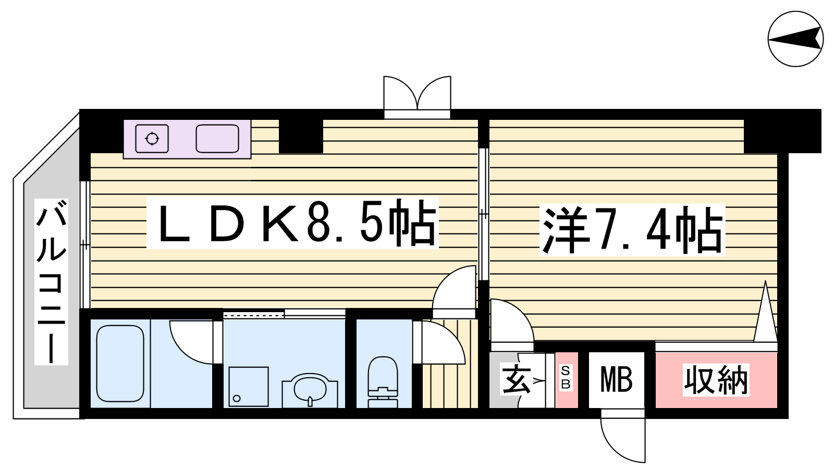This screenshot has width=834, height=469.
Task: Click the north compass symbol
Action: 795,39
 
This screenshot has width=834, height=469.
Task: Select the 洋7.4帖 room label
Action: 633,230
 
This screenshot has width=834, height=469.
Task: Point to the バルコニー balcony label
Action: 52,281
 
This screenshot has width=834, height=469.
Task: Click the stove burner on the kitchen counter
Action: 152,139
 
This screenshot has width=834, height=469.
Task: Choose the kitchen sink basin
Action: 217,139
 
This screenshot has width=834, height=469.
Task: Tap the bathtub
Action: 120,364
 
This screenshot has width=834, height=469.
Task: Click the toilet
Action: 383,382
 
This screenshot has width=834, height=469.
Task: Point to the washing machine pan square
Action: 248,386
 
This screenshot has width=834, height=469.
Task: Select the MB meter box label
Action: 616,380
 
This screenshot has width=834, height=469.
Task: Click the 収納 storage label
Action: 716,380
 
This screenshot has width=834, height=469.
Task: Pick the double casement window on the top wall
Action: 417,97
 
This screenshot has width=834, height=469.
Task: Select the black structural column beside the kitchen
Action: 301,136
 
